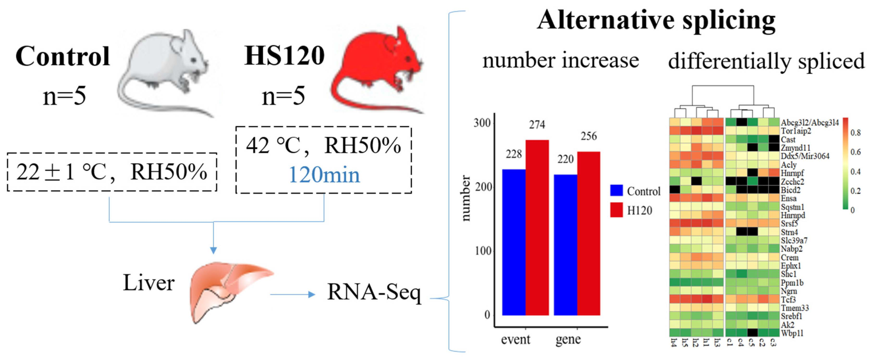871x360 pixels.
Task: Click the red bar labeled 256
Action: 589,233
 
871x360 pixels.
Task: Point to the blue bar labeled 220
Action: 565,245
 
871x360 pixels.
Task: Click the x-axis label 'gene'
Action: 568,339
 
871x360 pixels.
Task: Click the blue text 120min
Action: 324,175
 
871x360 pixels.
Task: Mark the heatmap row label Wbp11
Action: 792,333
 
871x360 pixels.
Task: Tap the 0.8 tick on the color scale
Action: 855,133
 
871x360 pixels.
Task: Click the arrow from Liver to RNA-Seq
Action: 293,294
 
